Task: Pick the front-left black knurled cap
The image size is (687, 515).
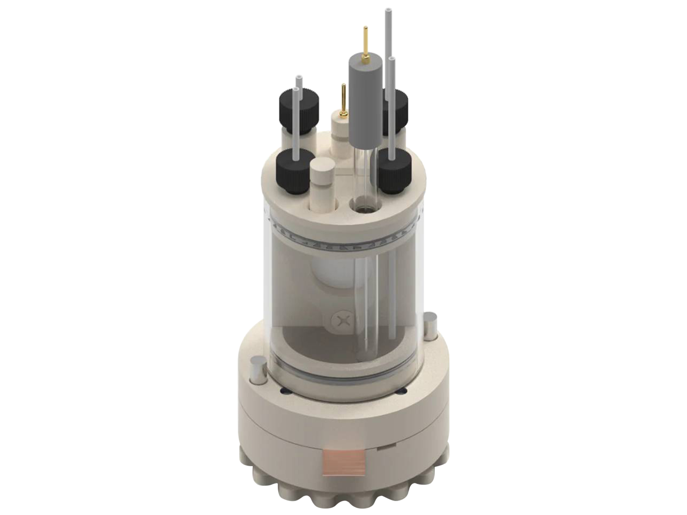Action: pyautogui.click(x=295, y=172)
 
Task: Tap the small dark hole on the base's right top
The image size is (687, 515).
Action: pyautogui.click(x=403, y=391)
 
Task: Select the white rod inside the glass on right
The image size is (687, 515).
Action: pyautogui.click(x=392, y=296)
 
